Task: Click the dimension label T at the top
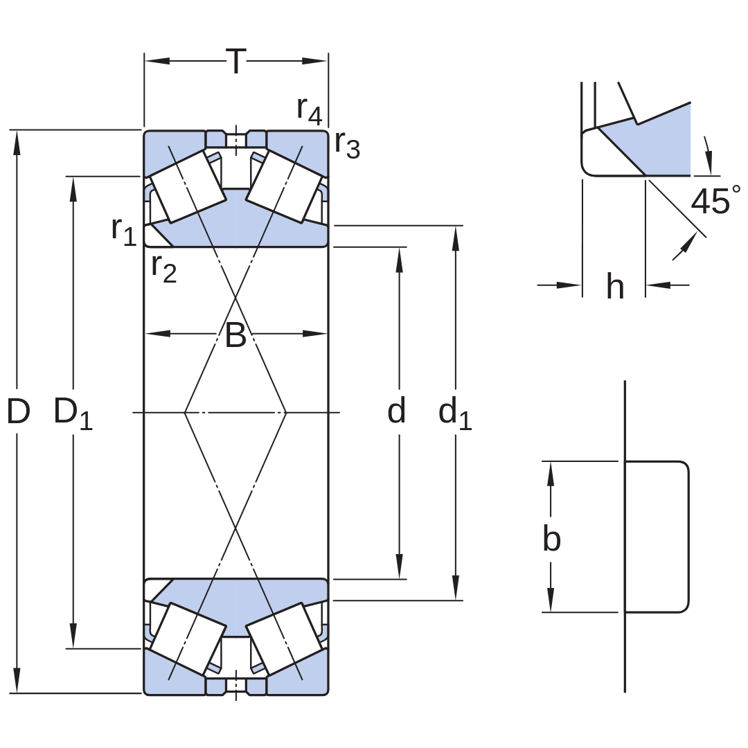pos(235,61)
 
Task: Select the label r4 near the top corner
pos(310,110)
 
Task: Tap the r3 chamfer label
pos(347,143)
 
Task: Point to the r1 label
pos(124,231)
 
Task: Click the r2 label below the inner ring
pos(164,269)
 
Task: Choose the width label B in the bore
pos(235,335)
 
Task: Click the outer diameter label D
pos(19,411)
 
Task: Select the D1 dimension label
pos(73,413)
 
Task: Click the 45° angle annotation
pos(715,200)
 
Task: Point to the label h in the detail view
pos(615,286)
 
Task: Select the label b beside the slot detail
pos(552,538)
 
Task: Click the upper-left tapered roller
pos(188,186)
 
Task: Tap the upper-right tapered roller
pos(283,186)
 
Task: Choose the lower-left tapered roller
pos(188,639)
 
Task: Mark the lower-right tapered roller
pos(283,639)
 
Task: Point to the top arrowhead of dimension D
pos(17,143)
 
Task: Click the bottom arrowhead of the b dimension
pos(551,600)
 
